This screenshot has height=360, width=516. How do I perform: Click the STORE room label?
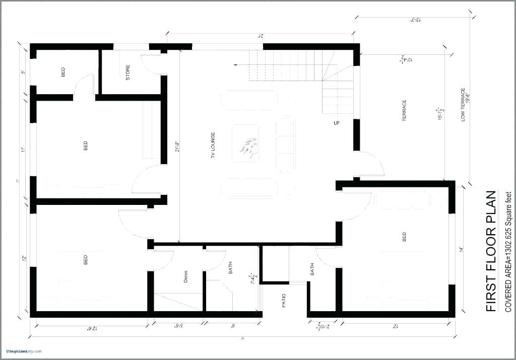point(128,72)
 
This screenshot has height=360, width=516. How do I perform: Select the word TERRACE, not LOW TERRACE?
point(404,110)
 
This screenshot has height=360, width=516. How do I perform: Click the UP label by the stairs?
point(336,123)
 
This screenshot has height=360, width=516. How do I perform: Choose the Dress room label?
point(185,276)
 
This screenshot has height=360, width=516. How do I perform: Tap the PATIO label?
point(283,301)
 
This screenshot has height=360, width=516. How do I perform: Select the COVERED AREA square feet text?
point(508,252)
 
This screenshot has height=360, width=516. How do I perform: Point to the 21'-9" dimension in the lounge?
point(176,146)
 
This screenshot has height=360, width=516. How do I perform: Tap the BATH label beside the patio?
point(312,269)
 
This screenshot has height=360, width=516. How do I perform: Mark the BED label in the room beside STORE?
point(63,72)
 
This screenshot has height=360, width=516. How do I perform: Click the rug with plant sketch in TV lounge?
point(245,143)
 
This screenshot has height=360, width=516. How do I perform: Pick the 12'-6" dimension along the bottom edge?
point(92,328)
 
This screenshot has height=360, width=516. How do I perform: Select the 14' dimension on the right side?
point(460,249)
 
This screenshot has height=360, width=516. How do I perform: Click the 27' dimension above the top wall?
point(261,35)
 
